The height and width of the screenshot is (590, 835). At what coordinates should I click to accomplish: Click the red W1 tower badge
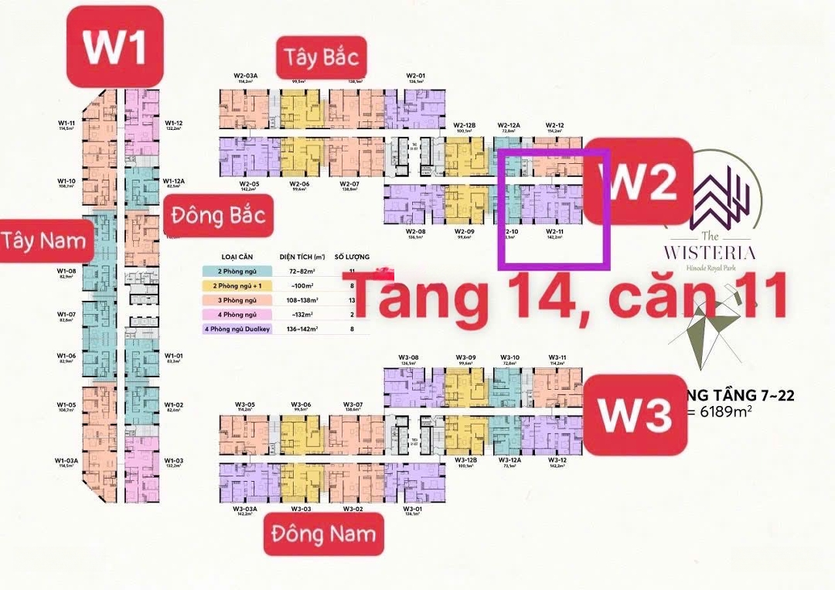[x=114, y=46]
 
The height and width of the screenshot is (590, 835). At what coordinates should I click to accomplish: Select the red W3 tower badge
[x=636, y=414]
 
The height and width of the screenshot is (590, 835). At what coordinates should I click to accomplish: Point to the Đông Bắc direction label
[x=218, y=214]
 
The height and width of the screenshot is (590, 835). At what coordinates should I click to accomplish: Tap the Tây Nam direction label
[x=43, y=240]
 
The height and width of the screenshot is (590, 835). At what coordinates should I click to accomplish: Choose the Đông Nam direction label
[x=323, y=533]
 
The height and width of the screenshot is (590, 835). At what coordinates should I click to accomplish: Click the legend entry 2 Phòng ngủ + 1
[x=237, y=285]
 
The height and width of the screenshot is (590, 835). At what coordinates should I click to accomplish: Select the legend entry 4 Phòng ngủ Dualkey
[x=237, y=329]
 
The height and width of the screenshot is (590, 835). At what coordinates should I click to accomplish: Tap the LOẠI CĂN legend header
[x=237, y=256]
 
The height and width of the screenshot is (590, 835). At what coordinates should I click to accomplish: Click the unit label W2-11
[x=554, y=232]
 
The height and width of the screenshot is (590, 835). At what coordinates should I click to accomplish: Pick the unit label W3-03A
[x=246, y=509]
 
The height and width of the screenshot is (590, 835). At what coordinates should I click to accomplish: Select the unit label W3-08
[x=408, y=357]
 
